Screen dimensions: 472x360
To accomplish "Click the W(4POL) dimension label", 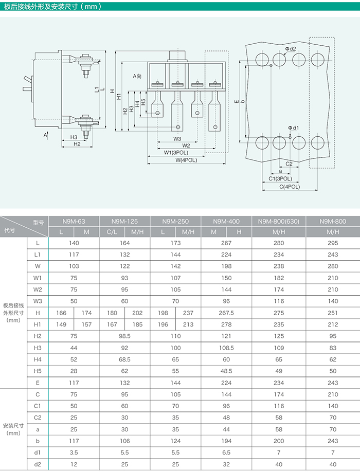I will [x=186, y=160].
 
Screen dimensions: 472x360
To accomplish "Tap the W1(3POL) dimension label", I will [x=176, y=153].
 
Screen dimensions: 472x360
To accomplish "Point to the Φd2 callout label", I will [x=291, y=49].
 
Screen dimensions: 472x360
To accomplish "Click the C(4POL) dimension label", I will [x=290, y=186].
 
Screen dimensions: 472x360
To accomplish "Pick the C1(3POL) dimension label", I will [x=280, y=178].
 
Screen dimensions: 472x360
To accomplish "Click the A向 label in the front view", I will [x=137, y=76].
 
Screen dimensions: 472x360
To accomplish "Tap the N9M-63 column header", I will [x=74, y=221].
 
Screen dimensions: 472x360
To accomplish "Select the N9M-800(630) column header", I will [x=278, y=221].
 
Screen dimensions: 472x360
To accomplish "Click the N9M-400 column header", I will [x=226, y=221].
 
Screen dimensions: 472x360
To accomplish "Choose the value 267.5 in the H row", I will [x=226, y=313].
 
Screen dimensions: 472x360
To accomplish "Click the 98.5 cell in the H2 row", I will [x=124, y=336].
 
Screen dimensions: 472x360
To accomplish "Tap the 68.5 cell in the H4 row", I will [x=124, y=359].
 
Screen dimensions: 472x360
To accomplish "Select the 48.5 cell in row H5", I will [x=226, y=371].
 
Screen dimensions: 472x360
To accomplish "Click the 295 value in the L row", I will [x=333, y=242].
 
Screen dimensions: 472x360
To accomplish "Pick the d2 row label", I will [x=38, y=464].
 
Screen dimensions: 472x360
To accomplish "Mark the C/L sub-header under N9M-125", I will [x=112, y=232].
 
